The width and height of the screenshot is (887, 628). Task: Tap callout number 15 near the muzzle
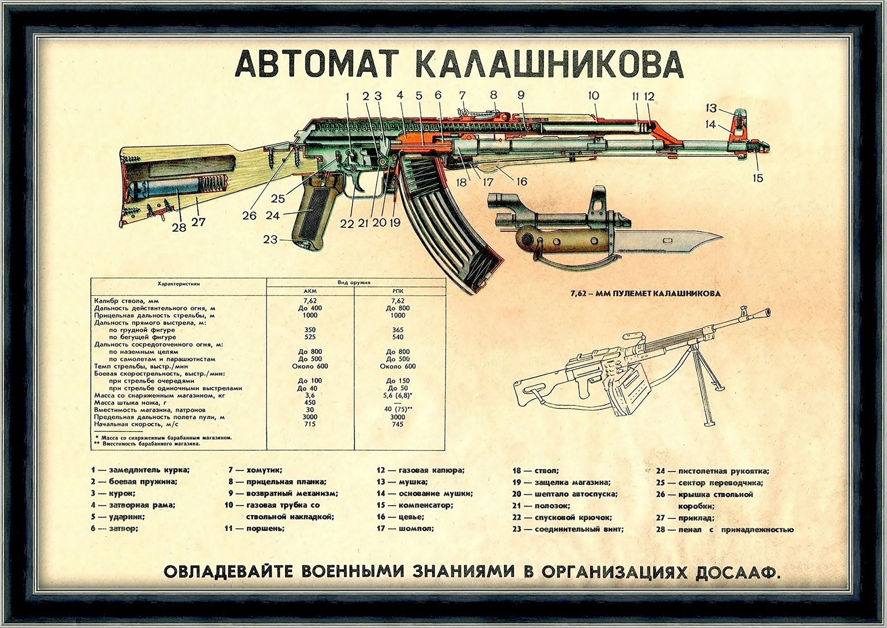coord(758,178)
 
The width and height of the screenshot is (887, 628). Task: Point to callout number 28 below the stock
coord(179,228)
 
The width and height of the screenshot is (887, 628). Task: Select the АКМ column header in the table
coord(310,291)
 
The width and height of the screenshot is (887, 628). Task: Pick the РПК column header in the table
coord(398,291)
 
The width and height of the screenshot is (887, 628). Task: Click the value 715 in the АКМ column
coord(310,424)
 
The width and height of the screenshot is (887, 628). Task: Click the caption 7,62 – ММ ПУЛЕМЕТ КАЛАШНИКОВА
coord(645,293)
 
